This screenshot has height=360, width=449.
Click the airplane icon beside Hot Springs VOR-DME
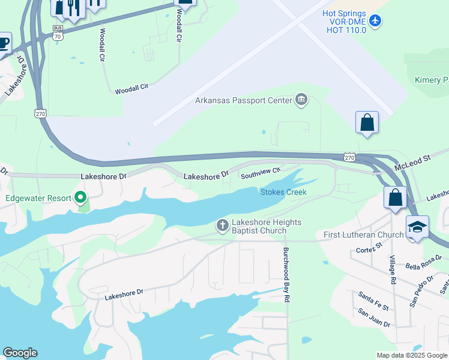376,21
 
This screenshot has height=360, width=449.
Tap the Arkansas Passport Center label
243,100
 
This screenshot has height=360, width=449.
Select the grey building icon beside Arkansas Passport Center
301,100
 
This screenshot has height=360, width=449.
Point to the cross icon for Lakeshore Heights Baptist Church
222,226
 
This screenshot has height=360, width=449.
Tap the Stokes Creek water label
283,192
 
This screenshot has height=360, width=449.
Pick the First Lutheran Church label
363,235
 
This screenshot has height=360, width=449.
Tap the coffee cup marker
3,43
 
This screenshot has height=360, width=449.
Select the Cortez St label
369,248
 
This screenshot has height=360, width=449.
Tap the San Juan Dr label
374,318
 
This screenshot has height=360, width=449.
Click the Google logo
20,353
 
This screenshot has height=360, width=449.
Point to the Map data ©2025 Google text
412,355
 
